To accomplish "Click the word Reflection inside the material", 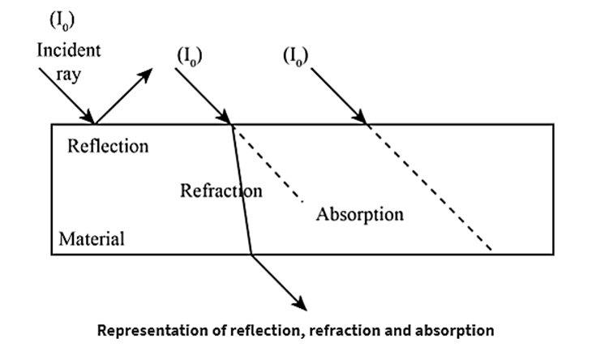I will pos(108,147).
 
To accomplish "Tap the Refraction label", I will pos(221,191).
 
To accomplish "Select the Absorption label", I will pos(359,215).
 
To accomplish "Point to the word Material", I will pos(91,239).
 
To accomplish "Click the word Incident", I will pos(69,50).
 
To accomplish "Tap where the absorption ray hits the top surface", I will pos(367,124).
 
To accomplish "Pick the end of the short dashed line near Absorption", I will pos(304,199).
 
